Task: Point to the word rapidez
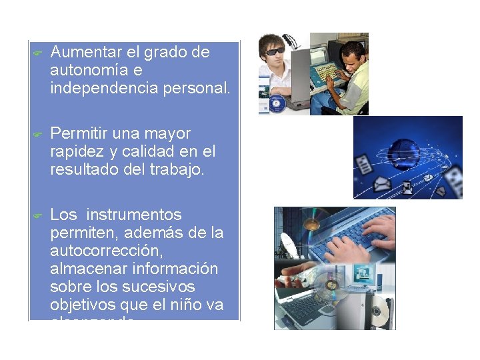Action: pos(73,151)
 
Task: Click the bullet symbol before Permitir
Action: pos(38,134)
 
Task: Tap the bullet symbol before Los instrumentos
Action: pos(38,215)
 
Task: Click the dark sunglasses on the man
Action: pos(275,51)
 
